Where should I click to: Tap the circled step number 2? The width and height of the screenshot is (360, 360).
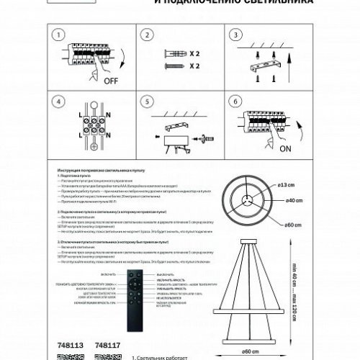(x=148, y=35)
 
